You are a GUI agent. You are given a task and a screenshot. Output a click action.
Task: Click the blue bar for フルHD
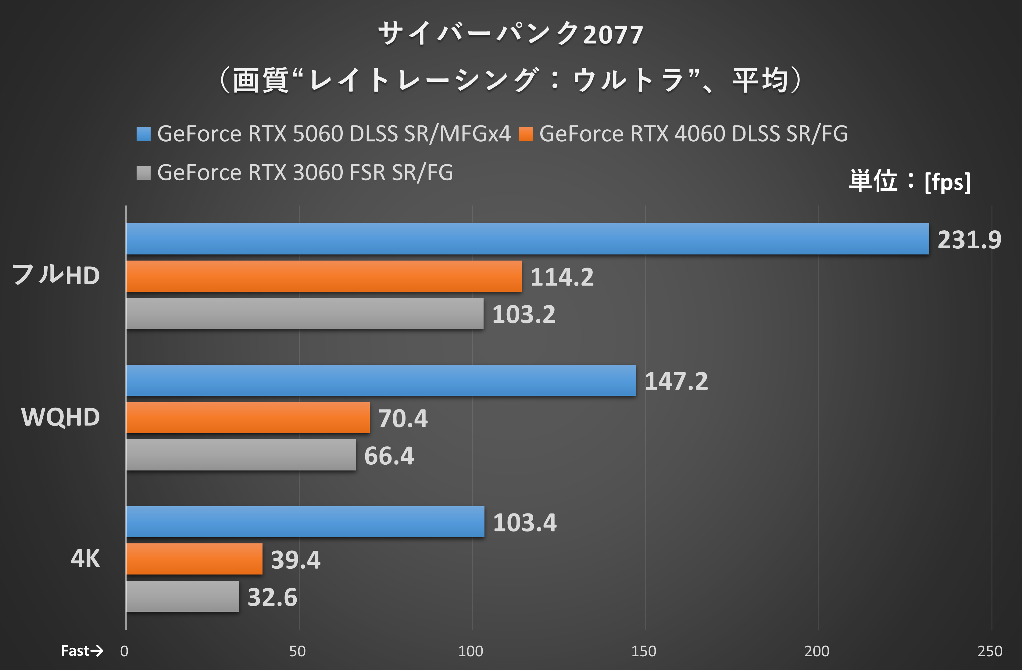527,239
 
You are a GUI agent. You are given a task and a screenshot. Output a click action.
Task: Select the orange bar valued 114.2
324,276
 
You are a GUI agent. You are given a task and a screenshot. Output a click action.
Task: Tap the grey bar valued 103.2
305,314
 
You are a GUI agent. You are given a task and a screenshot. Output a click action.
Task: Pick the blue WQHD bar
381,380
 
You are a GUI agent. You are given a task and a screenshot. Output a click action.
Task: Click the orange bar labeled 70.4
248,418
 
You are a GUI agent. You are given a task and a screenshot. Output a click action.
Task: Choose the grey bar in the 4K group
183,596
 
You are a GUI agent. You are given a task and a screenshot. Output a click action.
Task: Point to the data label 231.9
969,240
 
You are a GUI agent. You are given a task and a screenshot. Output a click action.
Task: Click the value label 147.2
676,381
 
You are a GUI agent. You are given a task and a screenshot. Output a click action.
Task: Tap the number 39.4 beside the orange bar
295,560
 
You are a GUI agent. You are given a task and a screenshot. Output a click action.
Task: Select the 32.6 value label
272,597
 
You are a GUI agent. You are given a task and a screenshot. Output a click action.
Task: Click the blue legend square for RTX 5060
143,134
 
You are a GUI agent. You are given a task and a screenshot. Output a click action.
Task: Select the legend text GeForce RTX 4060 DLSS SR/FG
693,134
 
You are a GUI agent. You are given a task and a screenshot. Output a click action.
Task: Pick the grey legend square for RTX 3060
143,173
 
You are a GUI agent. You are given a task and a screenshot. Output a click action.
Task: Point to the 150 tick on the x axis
643,651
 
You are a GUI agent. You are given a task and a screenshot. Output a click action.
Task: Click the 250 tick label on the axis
989,651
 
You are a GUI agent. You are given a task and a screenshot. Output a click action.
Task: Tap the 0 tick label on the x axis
124,651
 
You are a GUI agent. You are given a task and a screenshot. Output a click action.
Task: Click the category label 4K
85,559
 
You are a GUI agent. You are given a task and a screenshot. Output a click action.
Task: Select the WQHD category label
61,417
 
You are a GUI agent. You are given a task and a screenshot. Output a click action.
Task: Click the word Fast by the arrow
75,651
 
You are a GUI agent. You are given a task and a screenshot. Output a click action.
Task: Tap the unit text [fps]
947,182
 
